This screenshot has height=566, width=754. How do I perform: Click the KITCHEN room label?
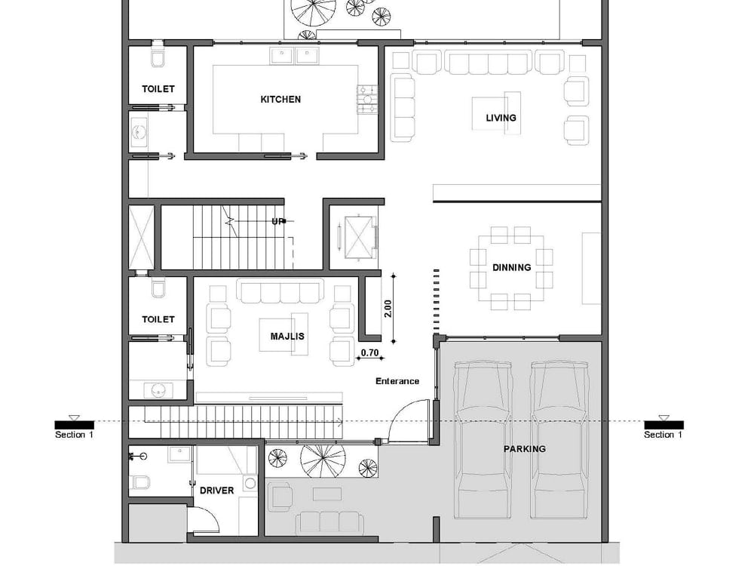(x=280, y=99)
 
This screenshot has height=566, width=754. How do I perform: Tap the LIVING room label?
(x=501, y=118)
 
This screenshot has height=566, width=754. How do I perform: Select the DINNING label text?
(x=511, y=267)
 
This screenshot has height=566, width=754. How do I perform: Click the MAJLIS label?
(x=287, y=336)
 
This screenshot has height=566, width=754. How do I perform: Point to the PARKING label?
(x=524, y=448)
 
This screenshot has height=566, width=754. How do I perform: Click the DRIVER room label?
(x=216, y=490)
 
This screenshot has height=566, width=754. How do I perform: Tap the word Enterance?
(x=397, y=381)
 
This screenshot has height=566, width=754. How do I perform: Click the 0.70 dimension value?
(x=369, y=352)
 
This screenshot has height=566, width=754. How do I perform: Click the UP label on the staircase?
(x=277, y=221)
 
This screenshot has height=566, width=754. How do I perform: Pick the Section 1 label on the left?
(x=74, y=435)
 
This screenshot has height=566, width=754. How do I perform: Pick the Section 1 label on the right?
(x=664, y=435)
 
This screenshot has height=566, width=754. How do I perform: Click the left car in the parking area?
(x=485, y=440)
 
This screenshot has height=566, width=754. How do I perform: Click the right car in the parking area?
(x=560, y=440)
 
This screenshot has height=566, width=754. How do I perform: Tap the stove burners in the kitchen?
(x=366, y=100)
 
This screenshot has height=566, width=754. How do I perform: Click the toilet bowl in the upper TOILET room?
(x=158, y=58)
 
